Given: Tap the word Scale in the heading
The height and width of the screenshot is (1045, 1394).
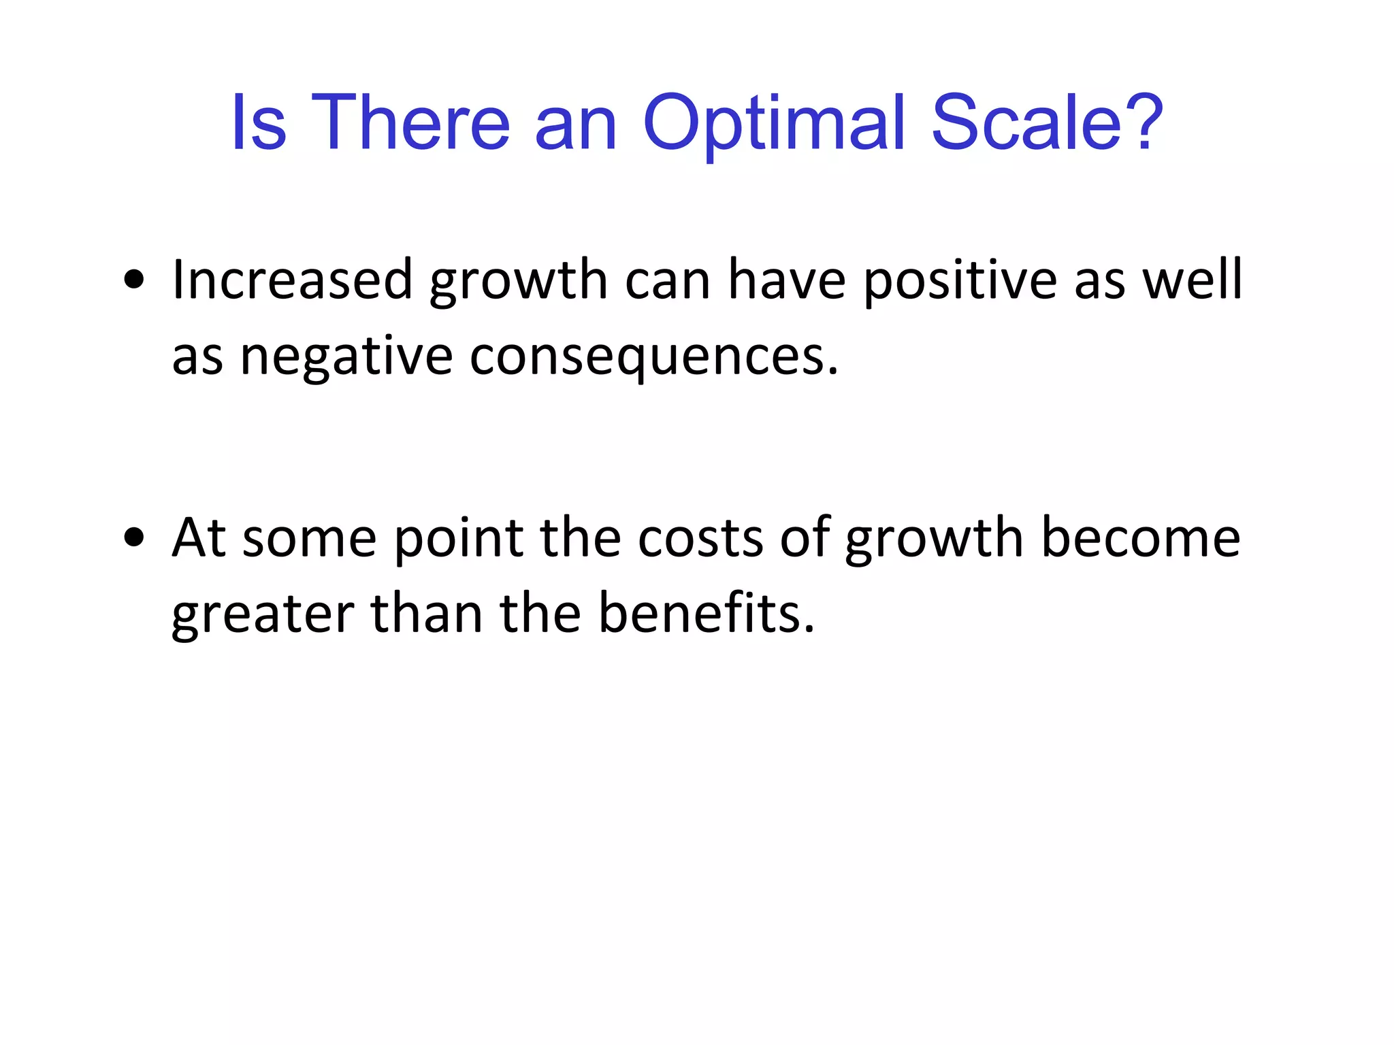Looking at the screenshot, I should (1026, 124).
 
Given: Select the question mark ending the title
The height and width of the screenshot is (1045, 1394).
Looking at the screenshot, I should (1144, 122).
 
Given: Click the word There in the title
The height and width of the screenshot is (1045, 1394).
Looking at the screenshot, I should (410, 124).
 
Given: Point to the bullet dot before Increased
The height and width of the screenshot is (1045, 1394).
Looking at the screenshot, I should (134, 280).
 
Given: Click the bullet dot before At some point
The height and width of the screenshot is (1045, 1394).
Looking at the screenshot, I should (134, 537).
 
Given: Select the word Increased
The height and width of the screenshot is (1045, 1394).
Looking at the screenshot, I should (292, 280).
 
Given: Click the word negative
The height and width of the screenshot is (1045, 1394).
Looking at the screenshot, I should (346, 358).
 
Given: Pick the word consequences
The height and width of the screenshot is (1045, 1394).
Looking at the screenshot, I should (654, 358).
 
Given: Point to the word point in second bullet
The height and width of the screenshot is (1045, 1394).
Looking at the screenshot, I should (459, 539).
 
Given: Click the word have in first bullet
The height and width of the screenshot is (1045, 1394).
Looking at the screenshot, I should (787, 280).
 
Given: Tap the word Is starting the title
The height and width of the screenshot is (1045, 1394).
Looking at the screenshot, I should (259, 124).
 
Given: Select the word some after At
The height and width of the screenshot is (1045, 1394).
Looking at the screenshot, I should (309, 539).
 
